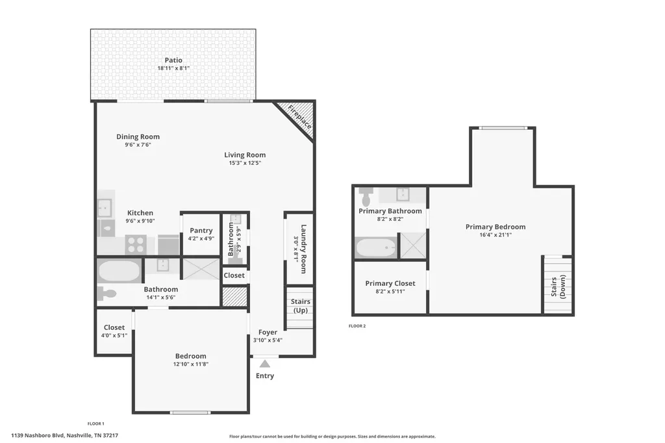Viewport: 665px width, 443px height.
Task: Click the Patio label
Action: click(173, 60)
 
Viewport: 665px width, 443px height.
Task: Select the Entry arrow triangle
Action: click(265, 364)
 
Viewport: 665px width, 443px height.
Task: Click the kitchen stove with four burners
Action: click(136, 244)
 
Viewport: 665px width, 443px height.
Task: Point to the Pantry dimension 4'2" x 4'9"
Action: click(201, 238)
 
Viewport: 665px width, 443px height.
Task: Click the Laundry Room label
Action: click(304, 249)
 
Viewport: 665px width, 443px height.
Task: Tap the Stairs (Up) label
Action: click(300, 306)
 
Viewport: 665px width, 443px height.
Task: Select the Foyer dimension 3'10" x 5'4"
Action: click(268, 340)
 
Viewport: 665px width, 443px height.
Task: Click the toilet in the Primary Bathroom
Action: click(366, 196)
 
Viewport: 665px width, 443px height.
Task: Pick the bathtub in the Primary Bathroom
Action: click(376, 247)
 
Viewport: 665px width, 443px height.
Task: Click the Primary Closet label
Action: click(390, 283)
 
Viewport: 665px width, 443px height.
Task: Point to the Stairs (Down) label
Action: click(558, 286)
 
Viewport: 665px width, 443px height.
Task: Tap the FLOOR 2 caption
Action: click(357, 326)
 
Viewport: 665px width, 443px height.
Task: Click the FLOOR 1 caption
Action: click(96, 424)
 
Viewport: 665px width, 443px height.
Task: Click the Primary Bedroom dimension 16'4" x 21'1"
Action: click(496, 234)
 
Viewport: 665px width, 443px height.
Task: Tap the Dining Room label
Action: click(138, 136)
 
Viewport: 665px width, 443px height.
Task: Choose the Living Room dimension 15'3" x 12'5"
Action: click(245, 163)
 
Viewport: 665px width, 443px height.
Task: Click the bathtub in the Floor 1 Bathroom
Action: click(119, 271)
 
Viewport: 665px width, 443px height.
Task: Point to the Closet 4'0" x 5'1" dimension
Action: click(114, 336)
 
